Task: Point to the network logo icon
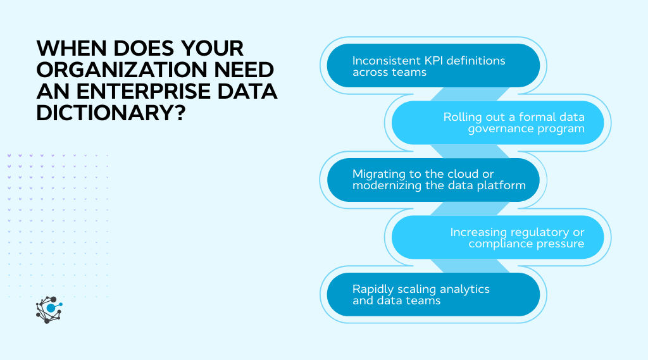pyautogui.click(x=49, y=309)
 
